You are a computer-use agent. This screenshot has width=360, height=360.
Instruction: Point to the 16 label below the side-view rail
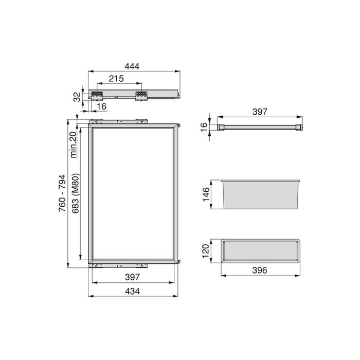coord(101,106)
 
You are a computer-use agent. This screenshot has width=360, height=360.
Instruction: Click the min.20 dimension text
coord(73,144)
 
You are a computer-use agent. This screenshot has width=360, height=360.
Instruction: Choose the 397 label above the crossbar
coord(261,113)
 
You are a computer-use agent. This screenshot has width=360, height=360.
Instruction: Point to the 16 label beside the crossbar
coord(204,126)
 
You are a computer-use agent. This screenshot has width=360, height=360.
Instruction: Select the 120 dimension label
coord(205,251)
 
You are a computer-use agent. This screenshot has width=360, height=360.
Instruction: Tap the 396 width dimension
coord(261,271)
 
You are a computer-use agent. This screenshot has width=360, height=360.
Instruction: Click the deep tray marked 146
coord(261,195)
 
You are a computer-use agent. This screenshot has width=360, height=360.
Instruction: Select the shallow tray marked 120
coord(261,251)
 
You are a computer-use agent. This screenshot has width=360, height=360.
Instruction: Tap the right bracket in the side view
coord(141,95)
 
